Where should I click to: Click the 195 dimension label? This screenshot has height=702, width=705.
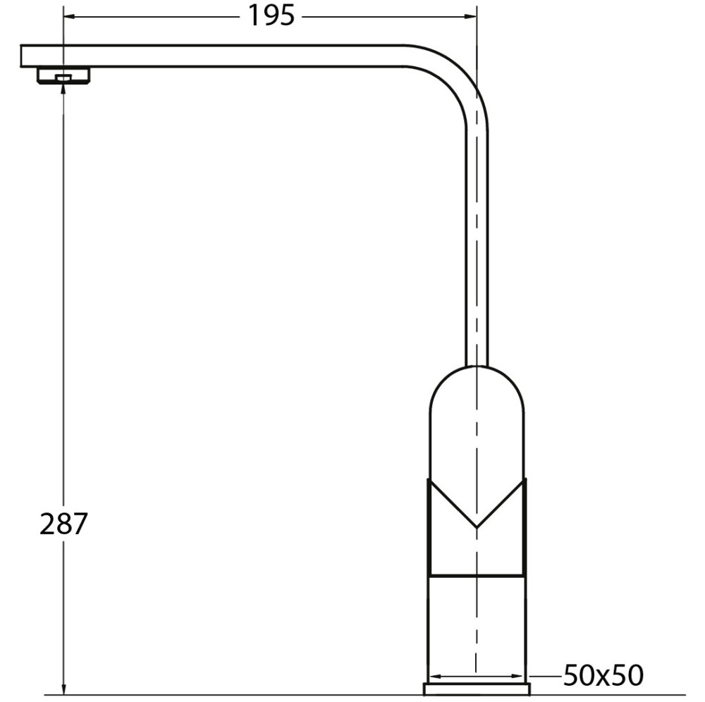pos(271,16)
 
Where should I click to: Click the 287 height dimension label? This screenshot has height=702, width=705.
pos(63,524)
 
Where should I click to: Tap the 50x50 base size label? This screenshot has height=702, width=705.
pos(603,675)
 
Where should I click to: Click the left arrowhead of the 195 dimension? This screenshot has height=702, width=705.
pos(69,17)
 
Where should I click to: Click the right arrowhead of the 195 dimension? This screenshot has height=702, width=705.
pos(470,17)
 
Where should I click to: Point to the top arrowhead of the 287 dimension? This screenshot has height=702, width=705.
pos(63,89)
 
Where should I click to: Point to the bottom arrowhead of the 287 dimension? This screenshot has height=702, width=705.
pos(63,689)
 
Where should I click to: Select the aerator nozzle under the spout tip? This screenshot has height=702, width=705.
pos(63,75)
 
